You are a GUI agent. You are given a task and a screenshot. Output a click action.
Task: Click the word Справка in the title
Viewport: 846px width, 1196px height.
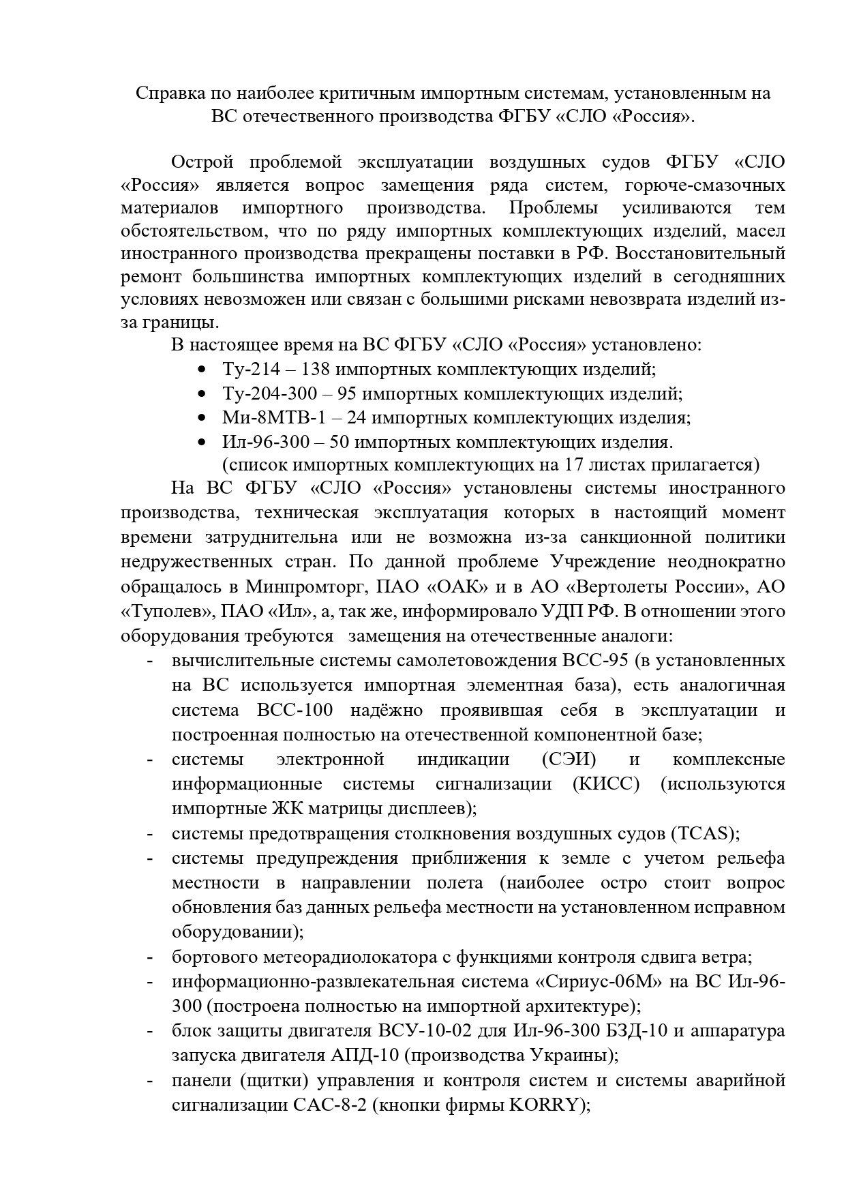(x=168, y=93)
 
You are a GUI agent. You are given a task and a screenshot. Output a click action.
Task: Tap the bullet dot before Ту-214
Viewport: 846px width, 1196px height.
(x=201, y=370)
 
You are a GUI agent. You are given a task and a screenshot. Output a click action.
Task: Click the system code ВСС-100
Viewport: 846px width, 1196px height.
(x=296, y=710)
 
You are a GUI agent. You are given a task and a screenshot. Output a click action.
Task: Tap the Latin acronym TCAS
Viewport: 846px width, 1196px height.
(x=706, y=833)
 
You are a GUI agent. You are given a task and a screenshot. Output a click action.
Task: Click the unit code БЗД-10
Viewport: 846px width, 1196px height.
(x=625, y=1031)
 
